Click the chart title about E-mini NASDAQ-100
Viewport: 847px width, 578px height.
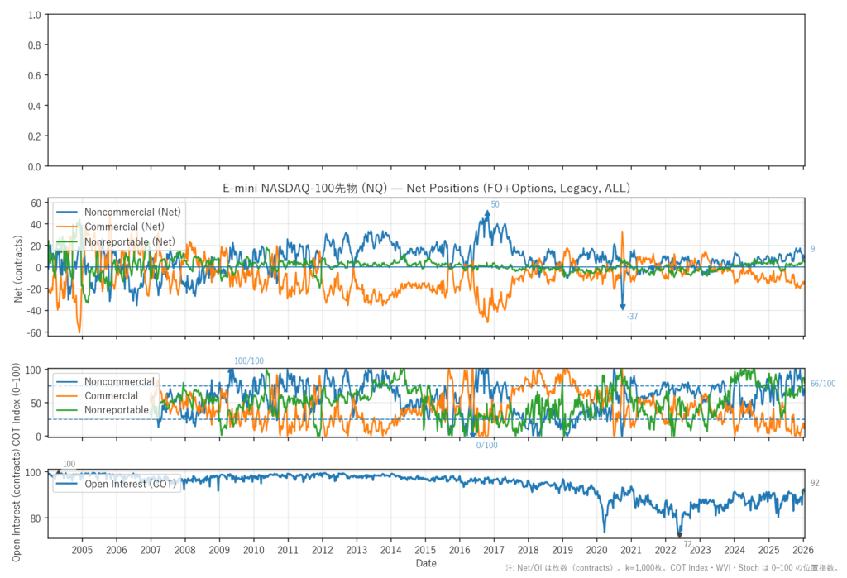point(427,189)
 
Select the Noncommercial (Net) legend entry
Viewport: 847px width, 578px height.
point(132,212)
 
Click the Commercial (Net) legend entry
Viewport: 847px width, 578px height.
point(125,227)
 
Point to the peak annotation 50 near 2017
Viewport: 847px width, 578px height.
point(495,204)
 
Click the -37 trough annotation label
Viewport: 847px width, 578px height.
point(632,317)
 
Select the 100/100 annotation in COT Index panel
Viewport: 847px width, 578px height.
point(249,361)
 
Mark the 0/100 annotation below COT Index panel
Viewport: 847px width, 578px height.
point(486,446)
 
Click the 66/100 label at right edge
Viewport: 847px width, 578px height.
point(822,384)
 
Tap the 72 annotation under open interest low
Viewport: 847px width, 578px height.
point(687,544)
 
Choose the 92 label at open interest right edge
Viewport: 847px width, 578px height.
point(815,483)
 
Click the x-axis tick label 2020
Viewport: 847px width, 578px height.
point(596,550)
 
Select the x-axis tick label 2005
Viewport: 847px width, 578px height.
point(82,550)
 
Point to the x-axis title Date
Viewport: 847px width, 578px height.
point(427,563)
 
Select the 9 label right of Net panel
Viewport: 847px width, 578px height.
point(812,249)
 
